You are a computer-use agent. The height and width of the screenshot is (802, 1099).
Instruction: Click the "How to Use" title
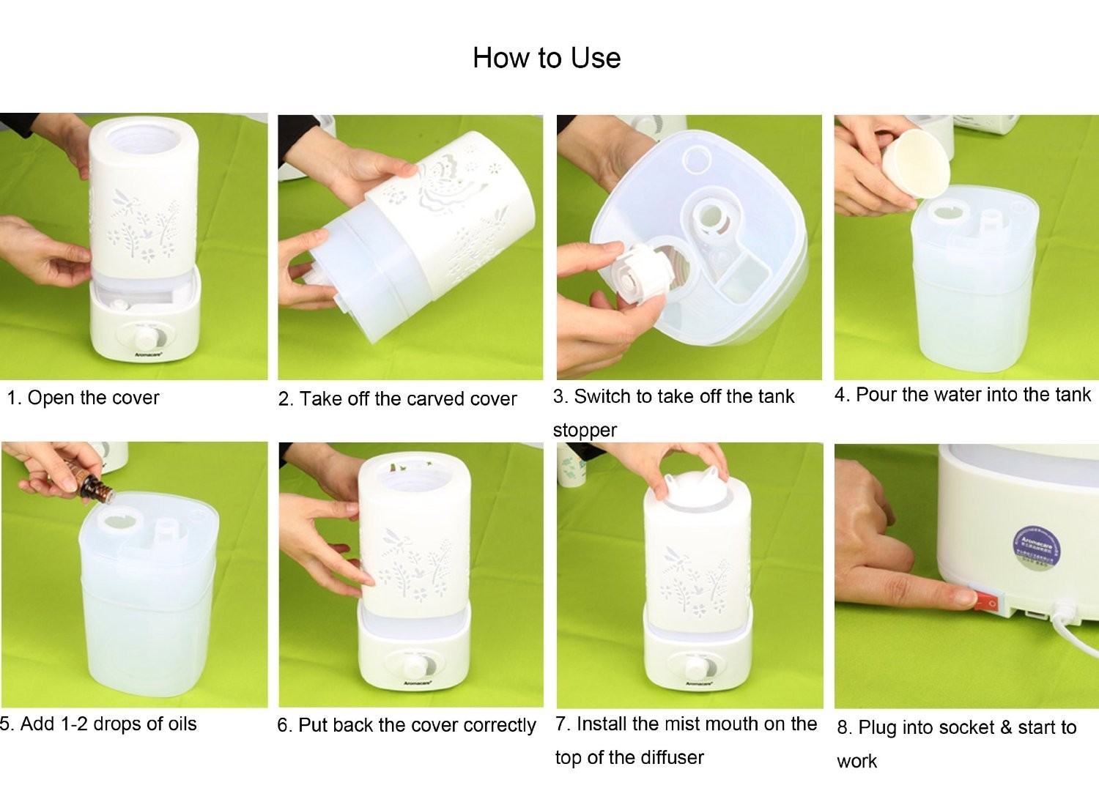point(547,59)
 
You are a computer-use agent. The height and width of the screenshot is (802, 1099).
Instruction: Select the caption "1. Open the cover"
point(83,398)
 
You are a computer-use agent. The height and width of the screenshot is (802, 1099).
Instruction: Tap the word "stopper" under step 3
point(585,430)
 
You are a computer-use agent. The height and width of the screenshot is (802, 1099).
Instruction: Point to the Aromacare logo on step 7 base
point(698,683)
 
